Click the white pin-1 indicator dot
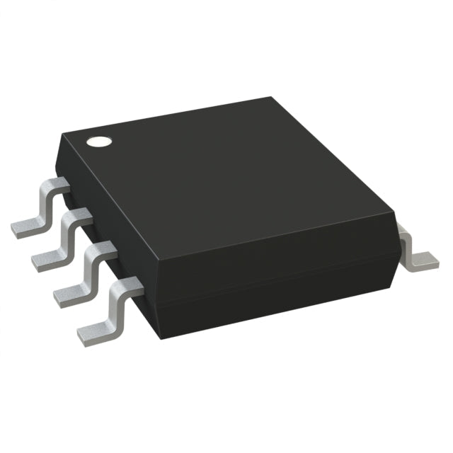98,140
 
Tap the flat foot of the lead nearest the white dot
25,226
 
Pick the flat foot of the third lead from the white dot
67,294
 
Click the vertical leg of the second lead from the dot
68,234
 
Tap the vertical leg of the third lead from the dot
91,267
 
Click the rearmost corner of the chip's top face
272,98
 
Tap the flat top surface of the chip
226,177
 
